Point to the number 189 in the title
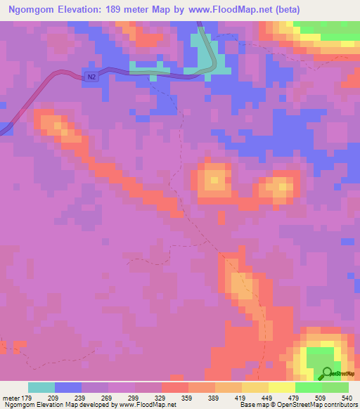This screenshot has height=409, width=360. click(126, 11)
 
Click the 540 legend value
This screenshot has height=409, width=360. click(347, 397)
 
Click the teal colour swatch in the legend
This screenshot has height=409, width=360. click(41, 387)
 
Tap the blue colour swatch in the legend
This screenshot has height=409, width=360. click(68, 387)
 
